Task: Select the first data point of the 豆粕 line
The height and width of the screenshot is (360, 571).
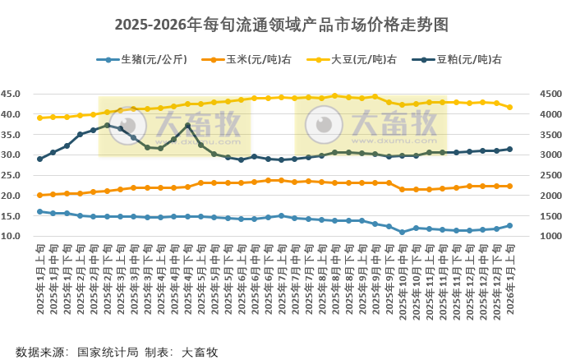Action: click(x=39, y=159)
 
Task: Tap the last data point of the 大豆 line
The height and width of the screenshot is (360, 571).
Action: click(x=509, y=107)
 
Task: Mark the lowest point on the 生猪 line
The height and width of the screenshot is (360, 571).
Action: click(x=402, y=232)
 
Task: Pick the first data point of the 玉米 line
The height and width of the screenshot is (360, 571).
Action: click(x=39, y=195)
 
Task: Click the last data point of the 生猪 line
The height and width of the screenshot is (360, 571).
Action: click(x=509, y=225)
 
